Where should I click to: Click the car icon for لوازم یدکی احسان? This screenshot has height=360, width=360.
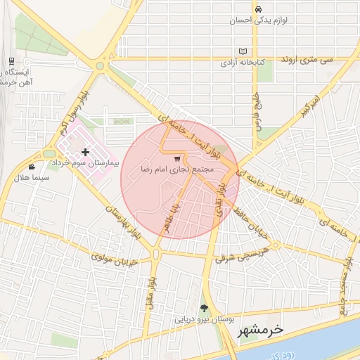(x=259, y=9)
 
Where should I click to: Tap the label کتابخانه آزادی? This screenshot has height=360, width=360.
(x=243, y=63)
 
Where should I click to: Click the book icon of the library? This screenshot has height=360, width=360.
(x=243, y=52)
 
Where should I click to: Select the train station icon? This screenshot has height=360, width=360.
(x=11, y=62)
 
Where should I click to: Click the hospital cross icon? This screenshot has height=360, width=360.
(x=86, y=152)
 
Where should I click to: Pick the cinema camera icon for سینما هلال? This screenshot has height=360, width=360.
(x=32, y=167)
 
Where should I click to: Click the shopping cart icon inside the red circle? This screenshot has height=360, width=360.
(x=176, y=159)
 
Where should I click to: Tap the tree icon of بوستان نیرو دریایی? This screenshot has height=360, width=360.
(x=204, y=308)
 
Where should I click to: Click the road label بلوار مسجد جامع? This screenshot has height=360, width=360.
(x=345, y=282)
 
